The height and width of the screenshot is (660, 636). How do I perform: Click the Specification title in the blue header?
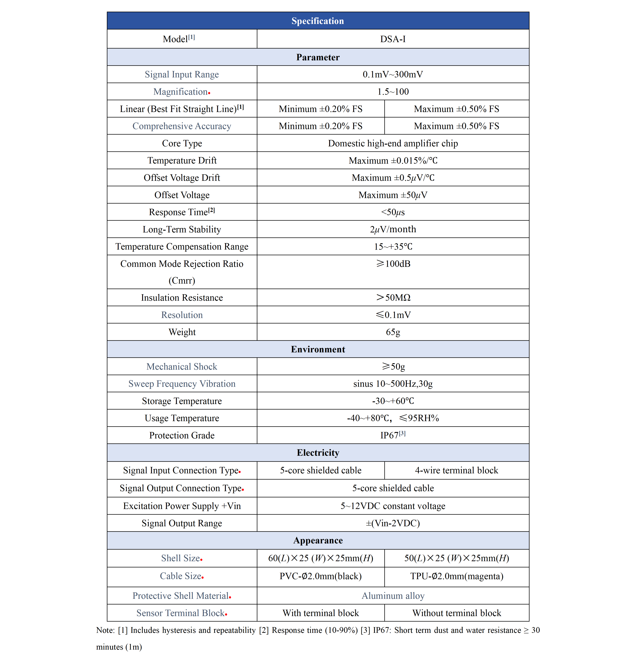click(318, 21)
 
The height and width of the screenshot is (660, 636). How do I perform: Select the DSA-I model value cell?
click(393, 39)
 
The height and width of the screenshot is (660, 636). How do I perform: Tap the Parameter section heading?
click(318, 57)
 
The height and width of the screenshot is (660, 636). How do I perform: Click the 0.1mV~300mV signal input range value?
click(393, 74)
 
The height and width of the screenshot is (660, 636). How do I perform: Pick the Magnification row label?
click(181, 92)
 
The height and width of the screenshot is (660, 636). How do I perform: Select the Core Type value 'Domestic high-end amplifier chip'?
click(393, 143)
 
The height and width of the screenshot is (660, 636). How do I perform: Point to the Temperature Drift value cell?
click(393, 161)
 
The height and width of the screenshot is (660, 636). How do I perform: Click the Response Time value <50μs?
click(393, 212)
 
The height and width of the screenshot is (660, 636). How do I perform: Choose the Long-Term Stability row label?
click(182, 229)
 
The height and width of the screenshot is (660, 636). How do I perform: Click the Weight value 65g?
click(393, 332)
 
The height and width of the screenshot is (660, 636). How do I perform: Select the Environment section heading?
click(318, 349)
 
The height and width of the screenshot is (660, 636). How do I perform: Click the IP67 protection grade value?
click(390, 435)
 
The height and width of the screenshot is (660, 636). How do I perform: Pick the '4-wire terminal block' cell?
click(456, 470)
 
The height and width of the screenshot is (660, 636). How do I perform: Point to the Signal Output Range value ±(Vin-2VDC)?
click(393, 523)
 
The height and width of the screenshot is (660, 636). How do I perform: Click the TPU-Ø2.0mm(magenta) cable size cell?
click(456, 576)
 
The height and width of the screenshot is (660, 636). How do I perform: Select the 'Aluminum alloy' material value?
click(393, 596)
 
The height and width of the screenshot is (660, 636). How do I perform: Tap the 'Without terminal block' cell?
click(456, 613)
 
